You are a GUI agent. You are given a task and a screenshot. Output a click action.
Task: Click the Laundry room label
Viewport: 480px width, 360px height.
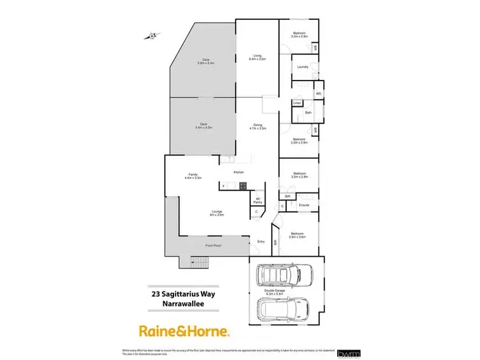point(303,67)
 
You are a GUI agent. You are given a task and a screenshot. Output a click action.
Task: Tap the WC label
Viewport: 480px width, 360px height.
point(317,95)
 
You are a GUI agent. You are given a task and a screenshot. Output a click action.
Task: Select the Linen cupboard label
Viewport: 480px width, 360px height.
point(297,103)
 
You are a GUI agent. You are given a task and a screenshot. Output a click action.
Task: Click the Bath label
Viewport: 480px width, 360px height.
point(308,113)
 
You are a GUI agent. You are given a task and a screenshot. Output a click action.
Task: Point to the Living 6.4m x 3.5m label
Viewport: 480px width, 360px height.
point(259,58)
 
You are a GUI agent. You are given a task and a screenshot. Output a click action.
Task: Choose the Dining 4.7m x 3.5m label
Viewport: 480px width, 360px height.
point(258,127)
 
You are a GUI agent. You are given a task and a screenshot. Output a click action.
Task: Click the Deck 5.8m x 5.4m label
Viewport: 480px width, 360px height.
point(205,62)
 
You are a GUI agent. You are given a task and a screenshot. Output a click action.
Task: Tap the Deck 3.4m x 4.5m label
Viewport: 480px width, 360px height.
point(204,126)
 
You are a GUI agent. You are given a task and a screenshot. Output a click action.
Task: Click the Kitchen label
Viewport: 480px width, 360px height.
point(239,173)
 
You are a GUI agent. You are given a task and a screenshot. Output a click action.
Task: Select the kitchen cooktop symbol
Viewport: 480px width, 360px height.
point(243,185)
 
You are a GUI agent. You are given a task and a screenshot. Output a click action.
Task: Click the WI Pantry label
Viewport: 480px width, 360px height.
point(257,200)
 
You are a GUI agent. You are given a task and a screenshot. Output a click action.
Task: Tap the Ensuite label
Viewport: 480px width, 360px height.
point(304,205)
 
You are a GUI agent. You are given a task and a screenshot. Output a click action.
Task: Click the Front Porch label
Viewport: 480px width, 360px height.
point(213,246)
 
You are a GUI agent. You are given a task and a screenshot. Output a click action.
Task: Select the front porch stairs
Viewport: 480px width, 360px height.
point(200,262)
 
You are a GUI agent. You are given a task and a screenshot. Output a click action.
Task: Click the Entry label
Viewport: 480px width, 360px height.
point(260,241)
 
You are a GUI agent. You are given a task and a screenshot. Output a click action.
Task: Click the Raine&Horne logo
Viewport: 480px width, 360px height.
point(184,331)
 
